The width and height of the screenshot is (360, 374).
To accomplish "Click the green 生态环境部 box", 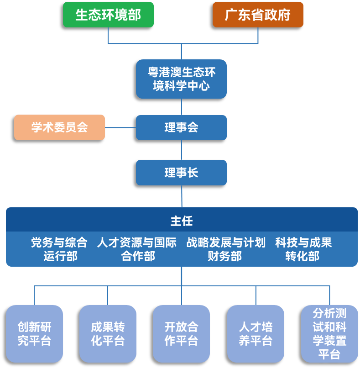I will pyautogui.click(x=108, y=15).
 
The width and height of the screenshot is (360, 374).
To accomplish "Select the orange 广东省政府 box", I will pyautogui.click(x=258, y=15).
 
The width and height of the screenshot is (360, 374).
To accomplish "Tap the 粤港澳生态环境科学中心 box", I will pyautogui.click(x=181, y=79).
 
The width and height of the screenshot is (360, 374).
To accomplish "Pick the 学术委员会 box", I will pyautogui.click(x=59, y=127).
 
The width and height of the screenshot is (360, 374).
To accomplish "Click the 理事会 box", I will pyautogui.click(x=181, y=127).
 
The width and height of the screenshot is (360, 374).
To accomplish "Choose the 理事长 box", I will pyautogui.click(x=181, y=173).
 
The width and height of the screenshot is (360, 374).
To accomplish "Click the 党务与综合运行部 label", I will pyautogui.click(x=59, y=249).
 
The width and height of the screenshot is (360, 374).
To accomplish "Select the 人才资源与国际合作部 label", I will pyautogui.click(x=137, y=249).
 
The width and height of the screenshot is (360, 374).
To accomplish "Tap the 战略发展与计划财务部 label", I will pyautogui.click(x=225, y=249).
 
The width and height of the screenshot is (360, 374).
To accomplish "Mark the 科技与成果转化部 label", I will pyautogui.click(x=303, y=249).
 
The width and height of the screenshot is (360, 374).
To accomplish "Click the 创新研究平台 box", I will pyautogui.click(x=34, y=334).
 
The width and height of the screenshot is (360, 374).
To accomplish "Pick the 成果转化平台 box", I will pyautogui.click(x=108, y=334).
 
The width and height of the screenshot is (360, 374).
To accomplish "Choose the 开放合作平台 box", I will pyautogui.click(x=181, y=334).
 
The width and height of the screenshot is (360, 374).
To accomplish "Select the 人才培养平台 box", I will pyautogui.click(x=256, y=334).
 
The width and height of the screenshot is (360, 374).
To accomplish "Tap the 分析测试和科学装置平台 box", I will pyautogui.click(x=329, y=334).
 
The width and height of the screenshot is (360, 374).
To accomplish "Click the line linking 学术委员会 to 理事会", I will pyautogui.click(x=120, y=127).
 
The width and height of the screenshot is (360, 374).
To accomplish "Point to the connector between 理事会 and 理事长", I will pyautogui.click(x=182, y=150).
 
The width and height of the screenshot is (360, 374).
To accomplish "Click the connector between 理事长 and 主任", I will pyautogui.click(x=182, y=196).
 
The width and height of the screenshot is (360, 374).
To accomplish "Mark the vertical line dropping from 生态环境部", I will pyautogui.click(x=108, y=36).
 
